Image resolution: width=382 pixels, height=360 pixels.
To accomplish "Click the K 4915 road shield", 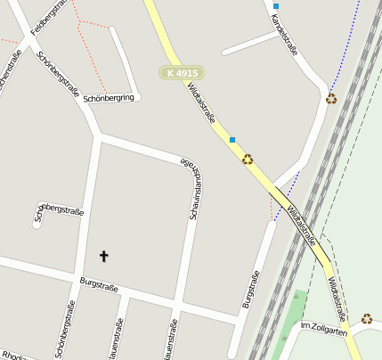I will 182,72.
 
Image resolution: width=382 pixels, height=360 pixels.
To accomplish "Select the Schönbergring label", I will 112,97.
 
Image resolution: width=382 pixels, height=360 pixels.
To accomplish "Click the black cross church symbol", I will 103,257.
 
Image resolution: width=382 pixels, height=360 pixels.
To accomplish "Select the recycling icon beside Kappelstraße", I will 331,98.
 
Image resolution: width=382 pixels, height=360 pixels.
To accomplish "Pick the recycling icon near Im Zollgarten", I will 367,318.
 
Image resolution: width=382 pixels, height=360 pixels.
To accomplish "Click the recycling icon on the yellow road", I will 248,160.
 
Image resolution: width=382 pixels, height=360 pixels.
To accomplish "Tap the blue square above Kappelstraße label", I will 276,6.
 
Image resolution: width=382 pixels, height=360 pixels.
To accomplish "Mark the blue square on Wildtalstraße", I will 232,140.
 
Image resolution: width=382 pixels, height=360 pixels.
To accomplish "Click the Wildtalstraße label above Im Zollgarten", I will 337,299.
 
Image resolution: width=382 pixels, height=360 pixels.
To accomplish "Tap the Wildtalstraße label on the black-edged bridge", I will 301,226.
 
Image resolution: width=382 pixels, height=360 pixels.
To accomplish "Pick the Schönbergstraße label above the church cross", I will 59,212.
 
